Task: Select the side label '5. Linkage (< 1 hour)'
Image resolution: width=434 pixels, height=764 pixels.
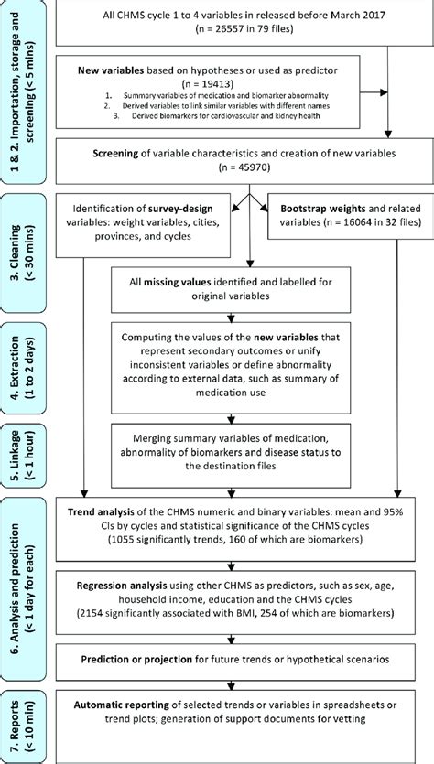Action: [x=21, y=448]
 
